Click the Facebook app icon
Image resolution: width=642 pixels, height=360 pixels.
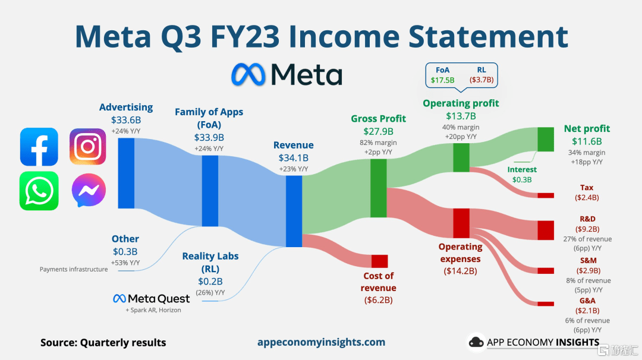[x=39, y=147]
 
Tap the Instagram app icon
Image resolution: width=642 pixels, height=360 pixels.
[x=87, y=147]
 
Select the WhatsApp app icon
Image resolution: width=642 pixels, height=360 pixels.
[x=39, y=191]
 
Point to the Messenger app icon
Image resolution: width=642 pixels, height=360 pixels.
[x=89, y=190]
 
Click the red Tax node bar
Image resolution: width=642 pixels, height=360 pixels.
[x=545, y=195]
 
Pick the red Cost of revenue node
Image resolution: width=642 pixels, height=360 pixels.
[x=379, y=261]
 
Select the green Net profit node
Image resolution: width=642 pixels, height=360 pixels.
[x=545, y=140]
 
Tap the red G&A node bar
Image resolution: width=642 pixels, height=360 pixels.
[x=545, y=304]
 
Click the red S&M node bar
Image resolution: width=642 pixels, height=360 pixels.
[x=545, y=271]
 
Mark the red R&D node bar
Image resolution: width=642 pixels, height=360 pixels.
[x=545, y=230]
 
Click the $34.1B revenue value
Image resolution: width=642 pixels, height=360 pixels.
[x=294, y=158]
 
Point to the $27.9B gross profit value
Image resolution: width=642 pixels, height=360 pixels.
[x=378, y=132]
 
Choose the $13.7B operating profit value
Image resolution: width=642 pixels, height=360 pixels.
[x=461, y=116]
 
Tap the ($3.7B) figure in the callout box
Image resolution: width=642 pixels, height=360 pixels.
[x=481, y=80]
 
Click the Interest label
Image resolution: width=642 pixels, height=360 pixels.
[x=522, y=169]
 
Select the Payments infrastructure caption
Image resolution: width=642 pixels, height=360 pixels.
[x=74, y=269]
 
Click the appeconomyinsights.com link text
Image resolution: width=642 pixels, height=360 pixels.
[x=322, y=342]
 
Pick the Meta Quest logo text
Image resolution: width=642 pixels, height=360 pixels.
[x=152, y=299]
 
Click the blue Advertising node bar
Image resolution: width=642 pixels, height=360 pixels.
[x=126, y=173]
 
